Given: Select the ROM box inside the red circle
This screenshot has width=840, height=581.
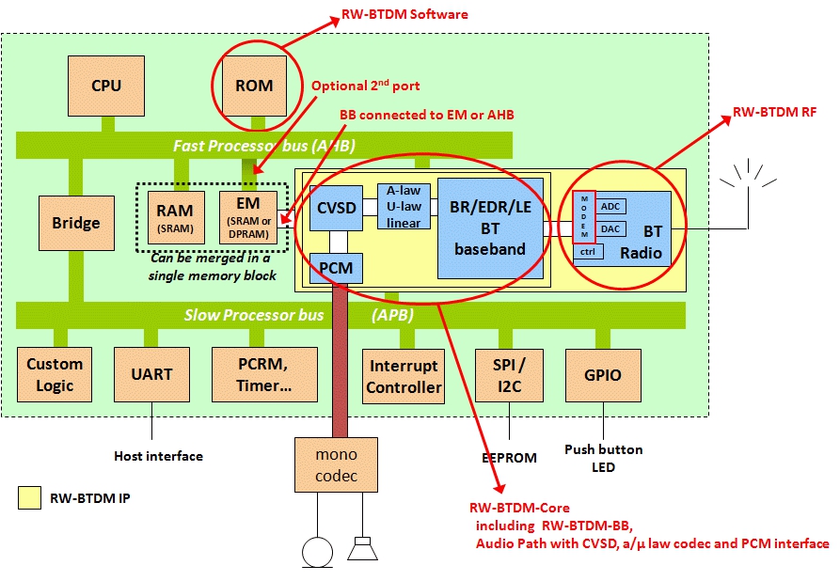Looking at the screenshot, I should pyautogui.click(x=254, y=86).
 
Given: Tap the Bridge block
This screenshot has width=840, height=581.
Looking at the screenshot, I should pyautogui.click(x=76, y=224).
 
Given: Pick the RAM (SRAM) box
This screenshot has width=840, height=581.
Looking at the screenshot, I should pyautogui.click(x=176, y=218).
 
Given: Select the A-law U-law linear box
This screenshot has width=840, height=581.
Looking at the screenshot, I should pyautogui.click(x=404, y=206).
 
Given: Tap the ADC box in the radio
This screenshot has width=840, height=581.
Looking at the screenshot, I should pyautogui.click(x=611, y=207).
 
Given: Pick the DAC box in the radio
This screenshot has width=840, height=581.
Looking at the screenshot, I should pyautogui.click(x=611, y=228).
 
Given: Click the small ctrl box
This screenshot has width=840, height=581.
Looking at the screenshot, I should pyautogui.click(x=588, y=251).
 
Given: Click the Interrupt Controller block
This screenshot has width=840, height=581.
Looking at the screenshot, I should pyautogui.click(x=404, y=376).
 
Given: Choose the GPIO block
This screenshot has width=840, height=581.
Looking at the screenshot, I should pyautogui.click(x=603, y=374).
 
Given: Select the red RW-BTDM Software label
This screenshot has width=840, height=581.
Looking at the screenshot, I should pyautogui.click(x=406, y=15).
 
